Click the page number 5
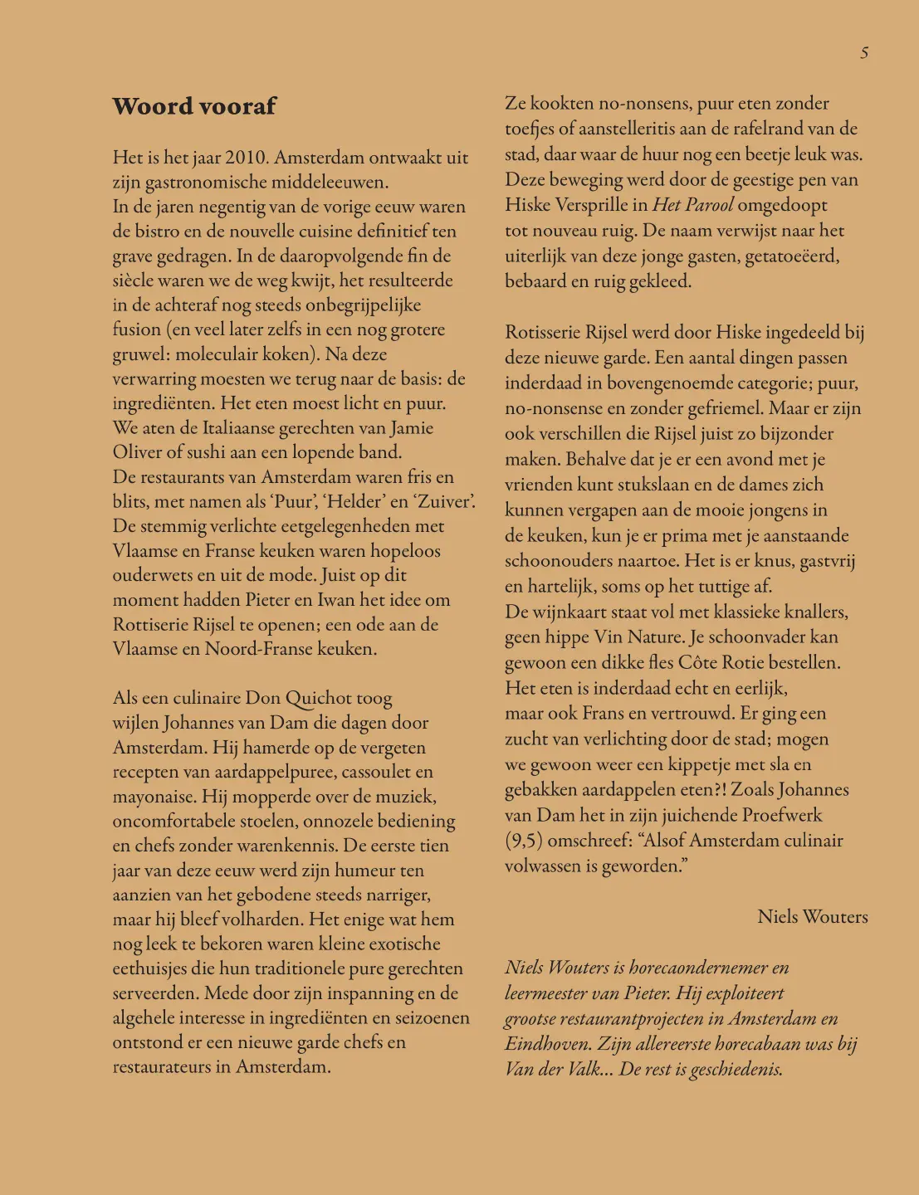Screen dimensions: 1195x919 pos(864,53)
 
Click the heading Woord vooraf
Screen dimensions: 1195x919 pos(194,106)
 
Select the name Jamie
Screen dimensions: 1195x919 pos(413,428)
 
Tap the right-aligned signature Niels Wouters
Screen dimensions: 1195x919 pos(812,917)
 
